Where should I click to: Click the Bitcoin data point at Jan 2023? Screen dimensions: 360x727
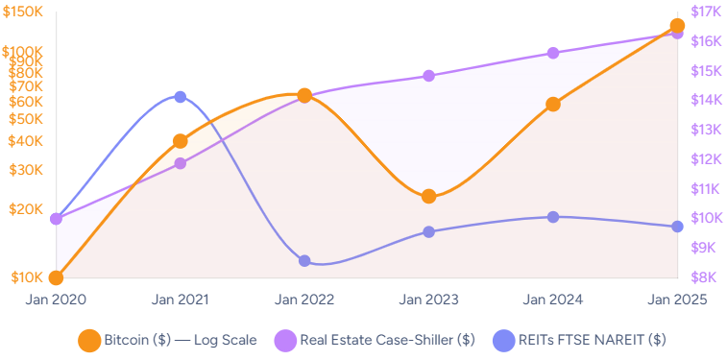[428, 197]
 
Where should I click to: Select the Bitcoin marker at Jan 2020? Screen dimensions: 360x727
[57, 277]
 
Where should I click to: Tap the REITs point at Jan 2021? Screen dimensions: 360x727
[181, 97]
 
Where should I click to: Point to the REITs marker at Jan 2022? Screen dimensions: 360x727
[304, 261]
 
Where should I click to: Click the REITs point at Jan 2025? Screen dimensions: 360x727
[677, 227]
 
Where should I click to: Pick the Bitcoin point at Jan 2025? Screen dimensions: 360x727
[677, 26]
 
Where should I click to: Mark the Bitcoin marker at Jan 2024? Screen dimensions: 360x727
[553, 105]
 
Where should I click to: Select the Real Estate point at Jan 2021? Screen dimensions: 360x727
[181, 163]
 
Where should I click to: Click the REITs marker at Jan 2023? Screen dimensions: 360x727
[428, 232]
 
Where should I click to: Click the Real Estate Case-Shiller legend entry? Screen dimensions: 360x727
[375, 340]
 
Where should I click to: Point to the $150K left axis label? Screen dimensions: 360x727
[24, 12]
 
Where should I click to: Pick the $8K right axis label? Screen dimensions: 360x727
[706, 277]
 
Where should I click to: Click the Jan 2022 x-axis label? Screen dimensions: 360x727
[304, 300]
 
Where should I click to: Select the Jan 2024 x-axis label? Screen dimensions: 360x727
[553, 300]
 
